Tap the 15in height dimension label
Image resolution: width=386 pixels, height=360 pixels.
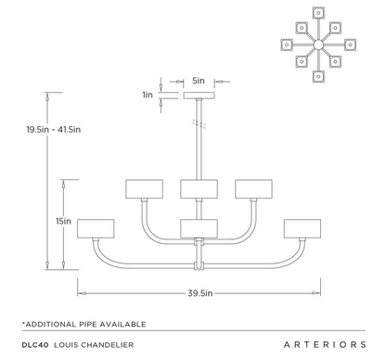coord(63,222)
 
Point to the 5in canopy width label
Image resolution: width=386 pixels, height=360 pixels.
coord(199,81)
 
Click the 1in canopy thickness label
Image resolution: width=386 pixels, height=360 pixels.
coord(147,95)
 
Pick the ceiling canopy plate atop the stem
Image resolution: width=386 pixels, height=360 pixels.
coord(199,96)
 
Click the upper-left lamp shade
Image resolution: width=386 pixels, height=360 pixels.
coord(144,188)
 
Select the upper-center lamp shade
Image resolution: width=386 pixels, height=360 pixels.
coord(199,188)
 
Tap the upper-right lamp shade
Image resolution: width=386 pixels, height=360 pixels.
coord(253,188)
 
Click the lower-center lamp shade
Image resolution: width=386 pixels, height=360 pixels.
coord(199,229)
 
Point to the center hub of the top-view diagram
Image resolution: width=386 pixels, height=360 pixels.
coord(318,44)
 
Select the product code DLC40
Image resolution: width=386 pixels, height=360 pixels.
coord(34,344)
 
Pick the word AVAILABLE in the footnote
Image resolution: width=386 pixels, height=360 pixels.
coord(122,323)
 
